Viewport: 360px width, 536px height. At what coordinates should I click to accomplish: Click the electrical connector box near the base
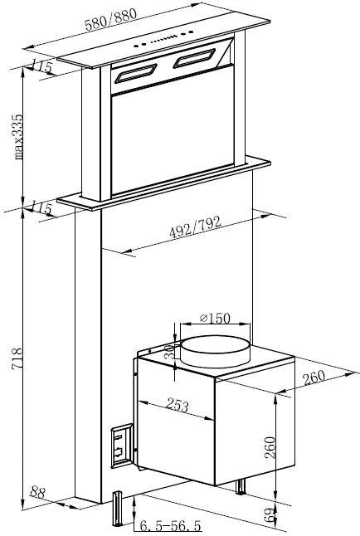click(x=120, y=446)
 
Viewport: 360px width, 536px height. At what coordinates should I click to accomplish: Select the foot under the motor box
click(x=242, y=486)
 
